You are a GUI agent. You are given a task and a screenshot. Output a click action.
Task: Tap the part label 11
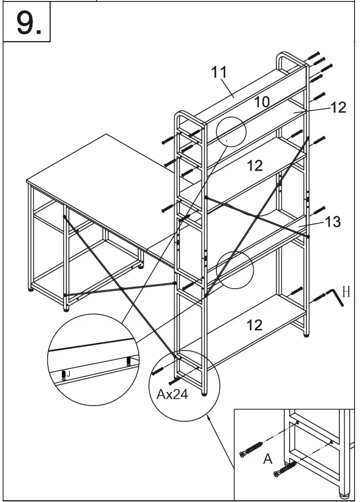219,72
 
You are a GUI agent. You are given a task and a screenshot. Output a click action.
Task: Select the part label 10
262,102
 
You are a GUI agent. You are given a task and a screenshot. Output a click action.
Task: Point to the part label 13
333,222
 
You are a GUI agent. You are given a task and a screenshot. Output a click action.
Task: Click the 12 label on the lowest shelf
254,325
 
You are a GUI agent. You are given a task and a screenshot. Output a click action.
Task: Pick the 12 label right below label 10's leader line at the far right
338,107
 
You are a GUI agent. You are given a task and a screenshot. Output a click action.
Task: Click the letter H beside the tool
346,293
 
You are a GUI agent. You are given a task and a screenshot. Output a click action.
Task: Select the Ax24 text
172,394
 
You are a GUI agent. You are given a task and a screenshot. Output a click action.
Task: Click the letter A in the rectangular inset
268,459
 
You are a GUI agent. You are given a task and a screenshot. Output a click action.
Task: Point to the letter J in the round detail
68,374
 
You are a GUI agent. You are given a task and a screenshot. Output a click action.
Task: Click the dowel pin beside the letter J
63,376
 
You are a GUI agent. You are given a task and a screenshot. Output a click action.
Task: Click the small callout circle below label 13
235,269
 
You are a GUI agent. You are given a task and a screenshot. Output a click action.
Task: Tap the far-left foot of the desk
32,290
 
